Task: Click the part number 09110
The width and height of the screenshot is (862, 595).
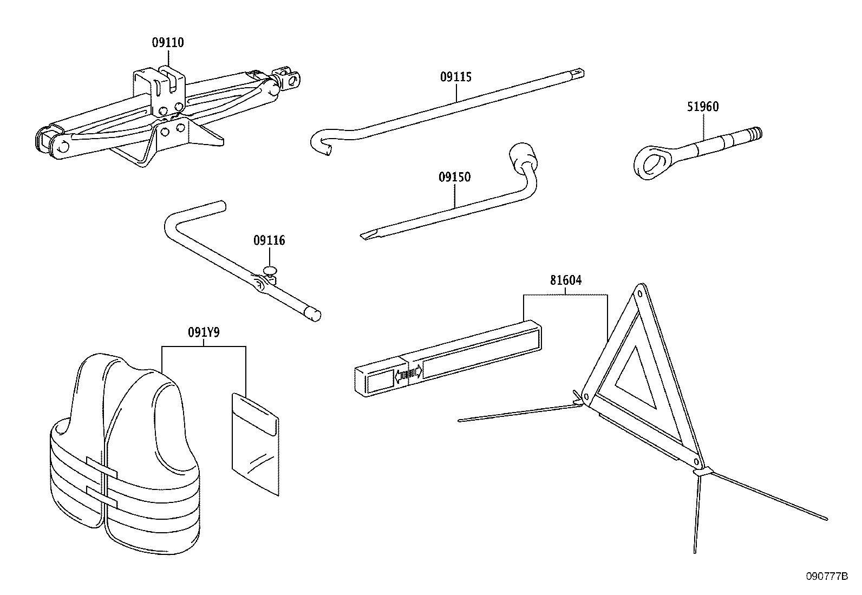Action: [x=167, y=43]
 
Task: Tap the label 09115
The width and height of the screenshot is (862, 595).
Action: [x=455, y=77]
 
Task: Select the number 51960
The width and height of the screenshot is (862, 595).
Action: [x=703, y=107]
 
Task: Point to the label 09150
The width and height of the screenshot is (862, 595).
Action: [x=454, y=178]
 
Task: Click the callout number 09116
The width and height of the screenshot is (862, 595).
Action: [x=269, y=240]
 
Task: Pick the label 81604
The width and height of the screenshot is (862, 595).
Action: [x=566, y=280]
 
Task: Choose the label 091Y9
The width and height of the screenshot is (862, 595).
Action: [x=204, y=332]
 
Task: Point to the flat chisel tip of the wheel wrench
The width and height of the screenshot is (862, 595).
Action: [x=368, y=235]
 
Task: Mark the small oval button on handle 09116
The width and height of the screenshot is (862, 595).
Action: [x=270, y=269]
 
